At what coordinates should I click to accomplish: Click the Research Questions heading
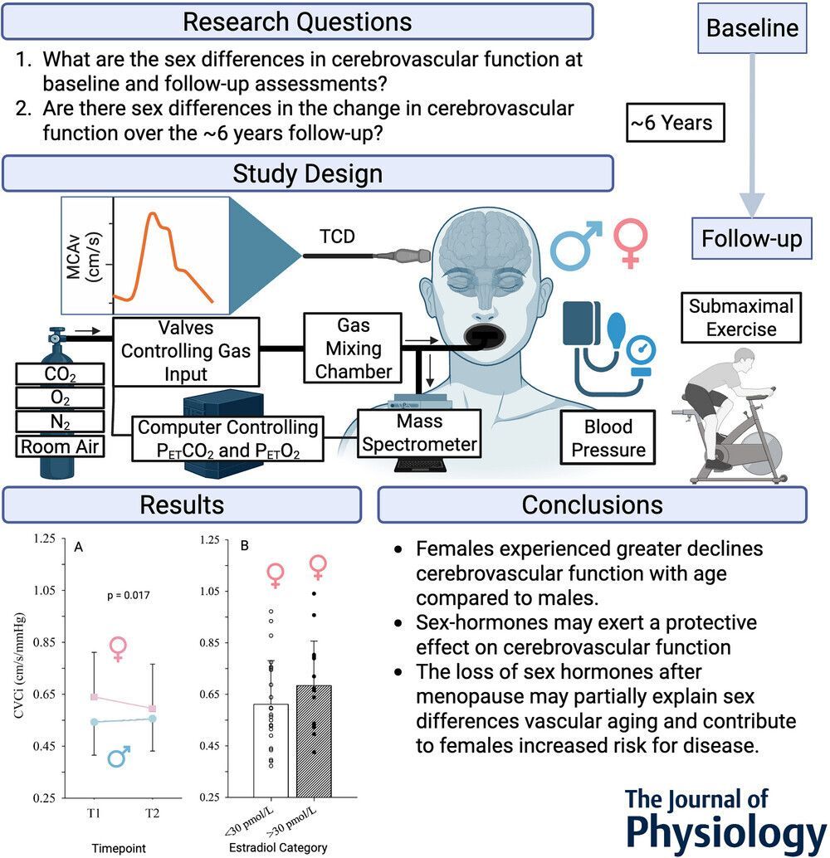coord(296,22)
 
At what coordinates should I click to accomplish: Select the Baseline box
coord(752,28)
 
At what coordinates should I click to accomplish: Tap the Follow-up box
coord(752,240)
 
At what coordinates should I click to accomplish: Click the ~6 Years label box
coord(670,124)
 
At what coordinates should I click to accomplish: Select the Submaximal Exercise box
coord(740,318)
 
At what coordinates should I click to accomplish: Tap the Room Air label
coord(59,447)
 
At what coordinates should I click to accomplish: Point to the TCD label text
coord(337,237)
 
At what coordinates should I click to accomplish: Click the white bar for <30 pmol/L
coord(271,750)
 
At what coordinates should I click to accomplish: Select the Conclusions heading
coord(592,505)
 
